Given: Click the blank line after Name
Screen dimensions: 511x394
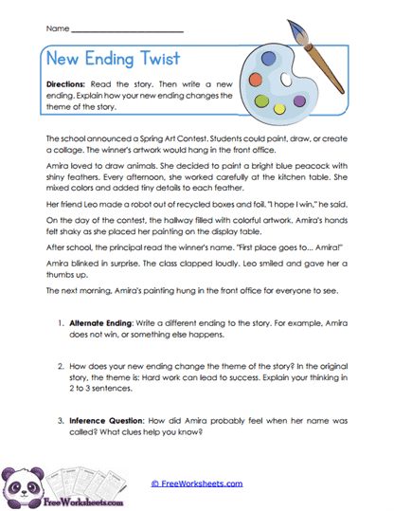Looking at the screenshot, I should click(x=128, y=30).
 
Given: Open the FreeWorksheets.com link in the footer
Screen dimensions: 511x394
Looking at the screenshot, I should click(x=196, y=483).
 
